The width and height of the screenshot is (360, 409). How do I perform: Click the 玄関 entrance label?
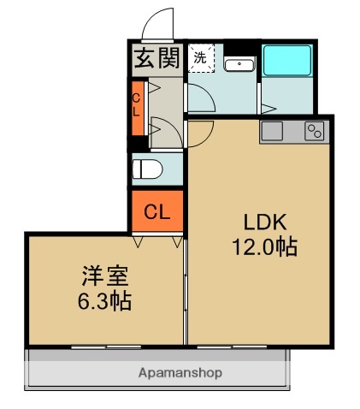coord(155,61)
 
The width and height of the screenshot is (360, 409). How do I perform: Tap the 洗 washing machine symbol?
coord(199,59)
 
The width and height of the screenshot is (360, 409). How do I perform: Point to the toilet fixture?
coord(146,169)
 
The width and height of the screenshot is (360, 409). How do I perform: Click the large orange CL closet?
coord(156,210)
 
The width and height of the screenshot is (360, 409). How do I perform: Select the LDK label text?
coord(262,222)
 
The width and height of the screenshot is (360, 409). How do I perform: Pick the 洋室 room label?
coord(104,276)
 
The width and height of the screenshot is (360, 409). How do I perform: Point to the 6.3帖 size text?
coord(104,301)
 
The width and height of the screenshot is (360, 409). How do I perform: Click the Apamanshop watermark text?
coord(180,373)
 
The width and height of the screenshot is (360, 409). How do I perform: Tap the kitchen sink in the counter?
coord(273,132)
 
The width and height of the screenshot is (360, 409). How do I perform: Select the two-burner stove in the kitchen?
coord(315,132)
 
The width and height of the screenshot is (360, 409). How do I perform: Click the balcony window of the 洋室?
coord(103,346)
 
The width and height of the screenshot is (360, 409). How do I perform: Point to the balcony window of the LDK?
coord(239,346)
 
